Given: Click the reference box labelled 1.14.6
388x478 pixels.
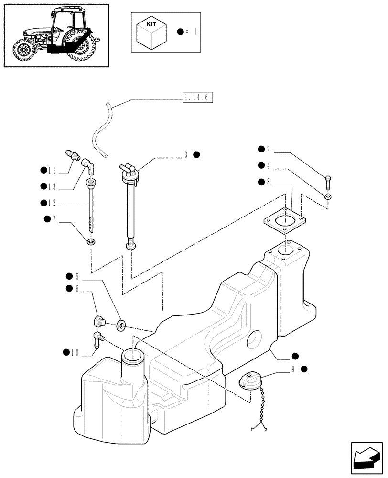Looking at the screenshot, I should (x=197, y=98).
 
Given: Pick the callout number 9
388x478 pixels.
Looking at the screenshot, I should (x=292, y=369).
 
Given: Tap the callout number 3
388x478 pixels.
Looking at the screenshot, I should (x=186, y=154).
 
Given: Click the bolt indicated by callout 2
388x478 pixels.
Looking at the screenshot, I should (x=329, y=182).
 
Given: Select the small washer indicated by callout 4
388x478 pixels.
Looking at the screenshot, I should (x=328, y=196).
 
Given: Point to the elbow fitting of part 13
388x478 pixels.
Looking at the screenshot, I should (x=89, y=165).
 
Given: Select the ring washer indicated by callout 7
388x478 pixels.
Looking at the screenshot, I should (x=91, y=241).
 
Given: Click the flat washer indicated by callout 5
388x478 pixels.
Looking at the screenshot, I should (x=122, y=326).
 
